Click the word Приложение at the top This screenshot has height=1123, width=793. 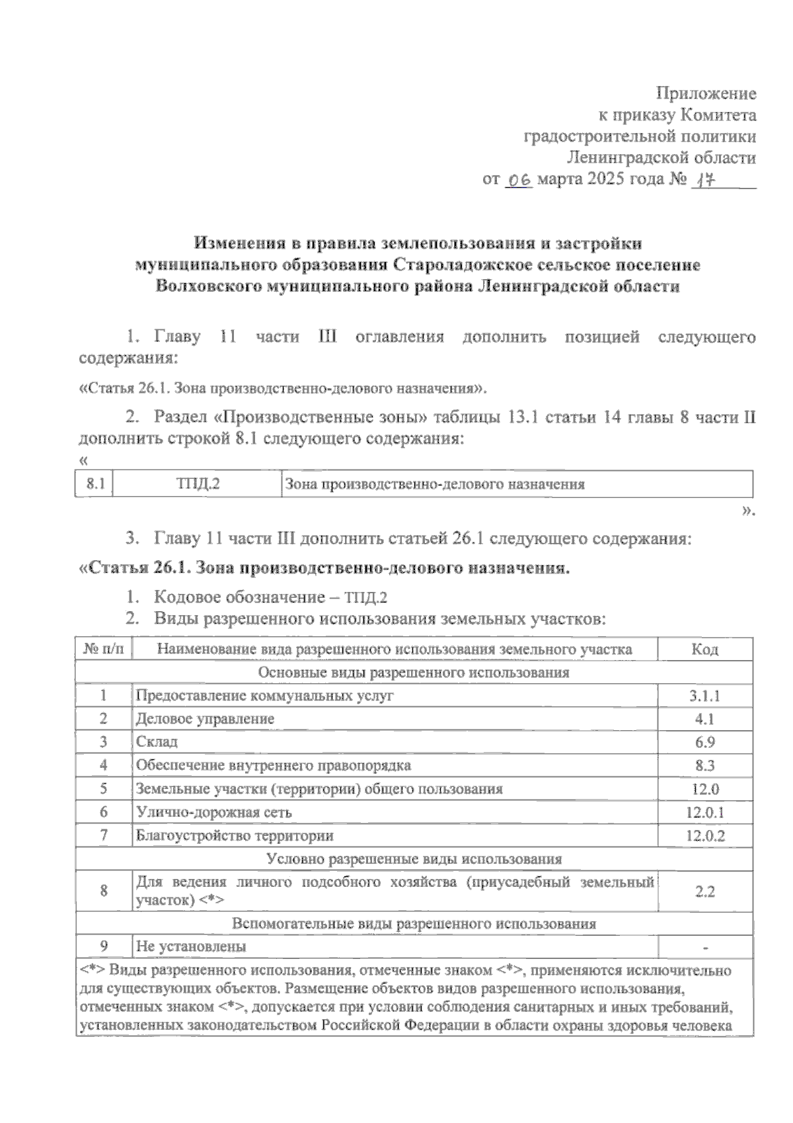706,93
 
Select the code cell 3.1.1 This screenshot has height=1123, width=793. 704,696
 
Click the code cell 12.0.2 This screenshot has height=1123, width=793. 704,835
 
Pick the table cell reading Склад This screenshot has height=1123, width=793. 157,742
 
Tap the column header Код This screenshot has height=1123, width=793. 704,649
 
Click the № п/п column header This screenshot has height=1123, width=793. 104,649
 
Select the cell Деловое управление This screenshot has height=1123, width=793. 205,719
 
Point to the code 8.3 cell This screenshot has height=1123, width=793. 704,766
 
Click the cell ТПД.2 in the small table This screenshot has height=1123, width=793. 197,485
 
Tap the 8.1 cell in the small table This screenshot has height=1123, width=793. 94,485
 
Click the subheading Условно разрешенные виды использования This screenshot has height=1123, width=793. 414,859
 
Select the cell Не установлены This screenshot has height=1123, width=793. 191,946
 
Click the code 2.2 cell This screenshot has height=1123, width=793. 704,892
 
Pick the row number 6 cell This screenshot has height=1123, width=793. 104,812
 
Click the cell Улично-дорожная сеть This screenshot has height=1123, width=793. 213,812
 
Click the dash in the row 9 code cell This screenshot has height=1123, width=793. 705,948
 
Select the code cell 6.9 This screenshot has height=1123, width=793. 704,742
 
